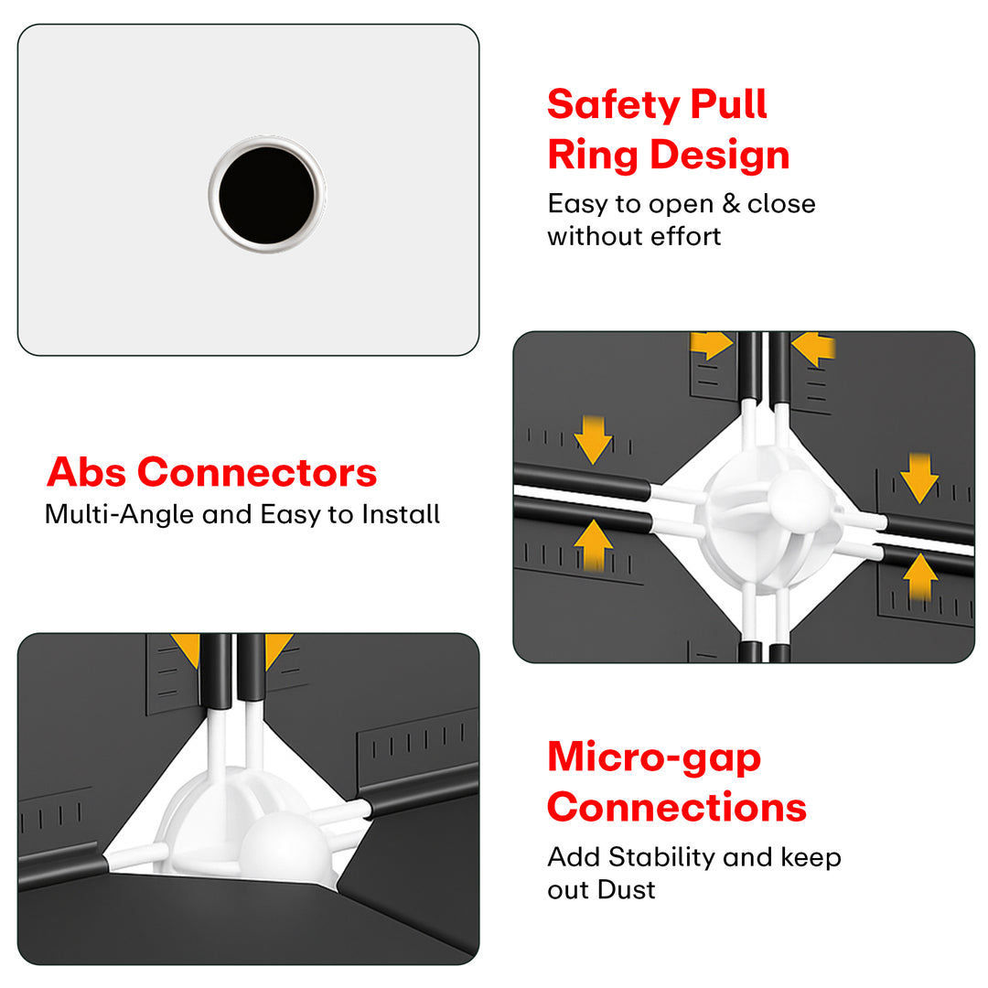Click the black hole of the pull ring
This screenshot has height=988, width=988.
[x=266, y=196]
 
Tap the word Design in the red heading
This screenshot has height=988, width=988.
[x=720, y=155]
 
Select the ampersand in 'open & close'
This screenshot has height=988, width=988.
[x=730, y=203]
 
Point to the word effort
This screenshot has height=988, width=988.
[x=685, y=236]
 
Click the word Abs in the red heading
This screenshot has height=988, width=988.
[x=86, y=472]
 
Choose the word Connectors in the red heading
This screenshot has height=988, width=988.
[x=257, y=473]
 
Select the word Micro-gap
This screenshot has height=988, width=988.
[x=654, y=758]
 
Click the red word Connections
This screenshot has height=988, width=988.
[x=677, y=807]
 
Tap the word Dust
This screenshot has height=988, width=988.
[x=627, y=890]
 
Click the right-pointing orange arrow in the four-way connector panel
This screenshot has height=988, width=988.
[x=712, y=345]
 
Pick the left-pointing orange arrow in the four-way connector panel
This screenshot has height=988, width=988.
[x=813, y=348]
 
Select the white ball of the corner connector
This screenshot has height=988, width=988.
[x=286, y=847]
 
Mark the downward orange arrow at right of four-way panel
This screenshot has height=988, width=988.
[x=920, y=478]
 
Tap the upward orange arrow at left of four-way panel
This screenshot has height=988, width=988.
[x=594, y=545]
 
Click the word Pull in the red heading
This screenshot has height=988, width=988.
[x=728, y=104]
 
